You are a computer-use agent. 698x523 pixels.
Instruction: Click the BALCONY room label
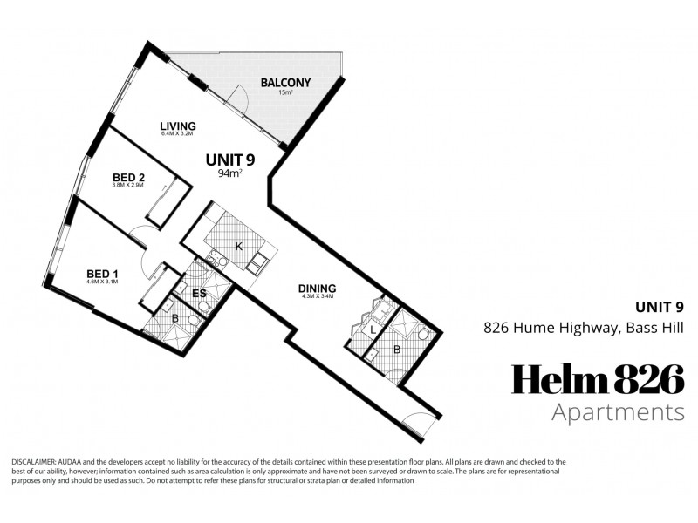point(285,84)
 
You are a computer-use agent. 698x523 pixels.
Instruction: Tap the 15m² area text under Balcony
point(285,94)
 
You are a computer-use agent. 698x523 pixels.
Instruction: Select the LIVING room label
point(177,126)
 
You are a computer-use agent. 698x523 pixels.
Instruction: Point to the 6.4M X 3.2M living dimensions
point(177,135)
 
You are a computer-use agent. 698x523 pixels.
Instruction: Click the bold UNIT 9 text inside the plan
point(229,160)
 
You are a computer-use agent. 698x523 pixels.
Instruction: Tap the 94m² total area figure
point(229,173)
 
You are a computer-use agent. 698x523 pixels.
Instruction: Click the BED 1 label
point(102,273)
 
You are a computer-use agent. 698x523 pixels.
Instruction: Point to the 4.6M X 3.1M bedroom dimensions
point(102,282)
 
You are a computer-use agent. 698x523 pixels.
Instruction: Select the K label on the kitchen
point(237,247)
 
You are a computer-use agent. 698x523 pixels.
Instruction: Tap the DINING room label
point(317,289)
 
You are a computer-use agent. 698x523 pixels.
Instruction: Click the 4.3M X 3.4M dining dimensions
point(317,298)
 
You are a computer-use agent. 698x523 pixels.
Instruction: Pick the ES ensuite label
point(199,294)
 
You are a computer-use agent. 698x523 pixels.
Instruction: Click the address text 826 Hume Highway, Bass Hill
point(584,328)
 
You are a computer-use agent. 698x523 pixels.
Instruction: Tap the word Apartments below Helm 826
point(617,411)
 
